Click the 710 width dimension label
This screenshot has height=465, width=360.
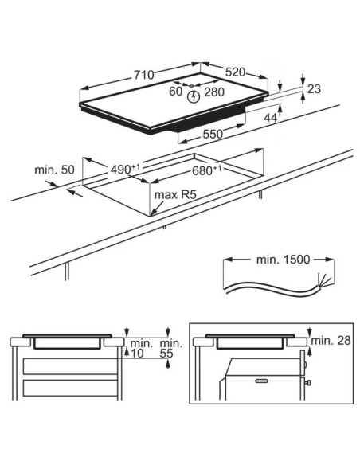click(144, 75)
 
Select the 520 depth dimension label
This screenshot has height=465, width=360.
click(235, 72)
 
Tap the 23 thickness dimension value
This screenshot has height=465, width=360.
click(314, 88)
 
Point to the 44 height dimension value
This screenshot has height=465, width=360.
click(271, 118)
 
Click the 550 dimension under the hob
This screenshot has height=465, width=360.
click(213, 134)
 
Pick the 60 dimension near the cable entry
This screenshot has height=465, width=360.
click(175, 92)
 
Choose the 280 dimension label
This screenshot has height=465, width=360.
click(214, 92)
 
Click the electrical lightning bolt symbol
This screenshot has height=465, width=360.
click(194, 97)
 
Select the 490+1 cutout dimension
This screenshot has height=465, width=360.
click(125, 169)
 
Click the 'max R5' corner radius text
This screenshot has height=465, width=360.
click(175, 195)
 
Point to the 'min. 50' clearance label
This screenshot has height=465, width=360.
click(54, 170)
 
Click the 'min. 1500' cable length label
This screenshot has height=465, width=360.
click(283, 260)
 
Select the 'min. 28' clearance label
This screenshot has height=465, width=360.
click(331, 341)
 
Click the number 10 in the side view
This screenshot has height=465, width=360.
click(137, 354)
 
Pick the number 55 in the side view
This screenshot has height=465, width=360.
click(166, 354)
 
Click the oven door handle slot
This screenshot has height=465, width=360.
click(262, 381)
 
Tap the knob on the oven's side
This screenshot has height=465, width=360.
click(307, 382)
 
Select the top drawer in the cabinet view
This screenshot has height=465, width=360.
click(70, 366)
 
